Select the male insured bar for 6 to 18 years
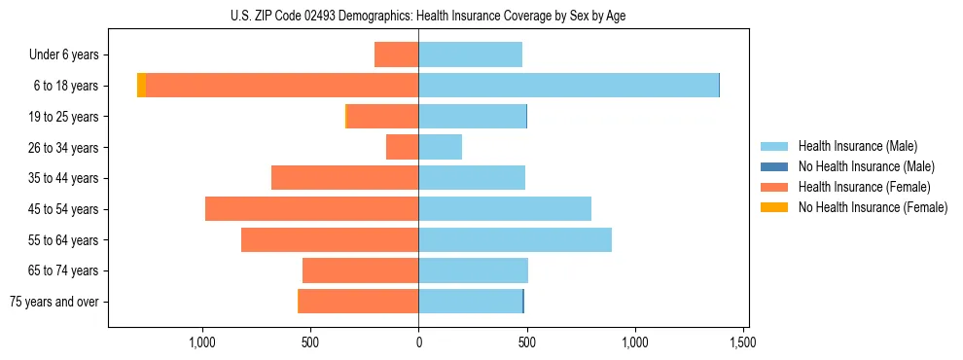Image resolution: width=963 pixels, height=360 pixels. point(568,86)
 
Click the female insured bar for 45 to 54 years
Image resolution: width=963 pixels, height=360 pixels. point(311,209)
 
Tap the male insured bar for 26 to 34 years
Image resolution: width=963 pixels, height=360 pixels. point(441,147)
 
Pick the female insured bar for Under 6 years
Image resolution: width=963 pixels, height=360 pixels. point(396,54)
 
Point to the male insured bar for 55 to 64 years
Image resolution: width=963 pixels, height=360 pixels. point(515,239)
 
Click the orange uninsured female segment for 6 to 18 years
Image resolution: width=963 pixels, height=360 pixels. point(141,86)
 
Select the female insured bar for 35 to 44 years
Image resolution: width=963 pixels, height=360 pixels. point(344,178)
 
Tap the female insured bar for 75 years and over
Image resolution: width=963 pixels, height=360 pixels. point(358,302)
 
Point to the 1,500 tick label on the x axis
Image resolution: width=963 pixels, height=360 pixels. point(743,342)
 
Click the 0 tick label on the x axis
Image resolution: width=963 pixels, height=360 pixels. point(418,342)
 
